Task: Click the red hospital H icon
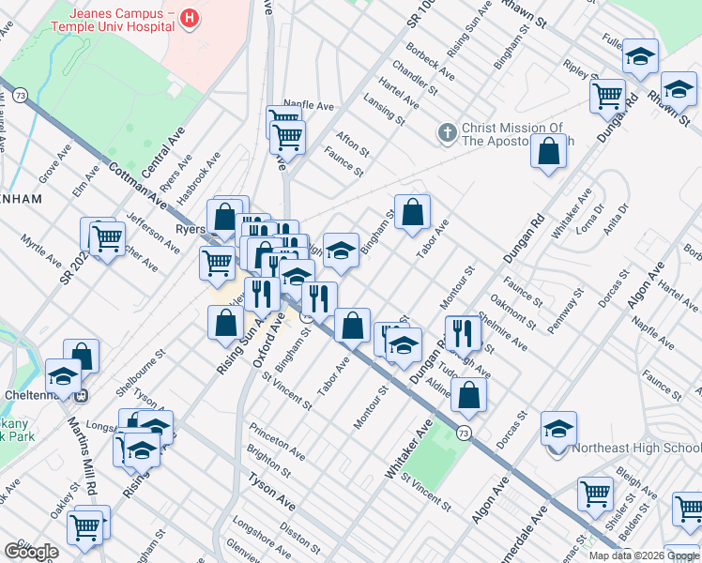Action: [x=190, y=18]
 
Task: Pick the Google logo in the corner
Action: [x=30, y=552]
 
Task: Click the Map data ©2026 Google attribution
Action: [x=644, y=555]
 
